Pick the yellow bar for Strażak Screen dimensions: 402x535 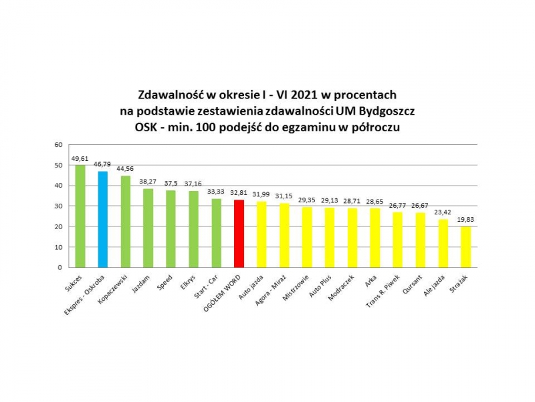(465, 247)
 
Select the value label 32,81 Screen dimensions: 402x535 (239, 194)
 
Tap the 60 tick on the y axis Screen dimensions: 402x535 (58, 145)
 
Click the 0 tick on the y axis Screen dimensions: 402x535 (60, 267)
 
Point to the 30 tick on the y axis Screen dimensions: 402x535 (58, 206)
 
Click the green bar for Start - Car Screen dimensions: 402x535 (217, 233)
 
